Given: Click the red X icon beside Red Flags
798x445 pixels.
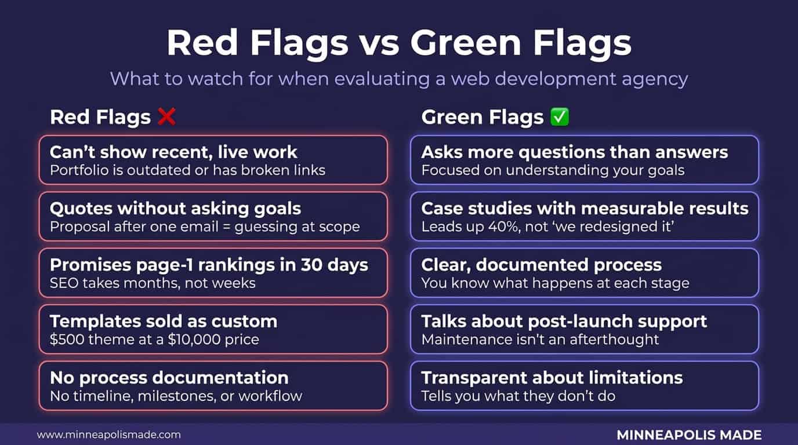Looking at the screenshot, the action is [x=166, y=117].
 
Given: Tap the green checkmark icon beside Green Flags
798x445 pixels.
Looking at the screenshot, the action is [x=560, y=117].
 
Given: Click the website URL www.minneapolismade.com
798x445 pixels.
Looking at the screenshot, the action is [x=108, y=435].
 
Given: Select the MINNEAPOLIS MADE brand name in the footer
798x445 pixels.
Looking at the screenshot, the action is [x=689, y=435].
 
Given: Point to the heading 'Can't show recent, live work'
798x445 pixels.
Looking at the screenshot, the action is [x=173, y=152].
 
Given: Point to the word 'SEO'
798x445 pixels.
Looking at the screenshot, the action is [x=64, y=283].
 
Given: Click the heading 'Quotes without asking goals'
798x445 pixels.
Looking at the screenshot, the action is [x=176, y=209].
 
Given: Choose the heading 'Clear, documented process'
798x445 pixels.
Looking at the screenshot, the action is [x=542, y=265].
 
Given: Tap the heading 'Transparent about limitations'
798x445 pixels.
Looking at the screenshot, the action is [x=552, y=378].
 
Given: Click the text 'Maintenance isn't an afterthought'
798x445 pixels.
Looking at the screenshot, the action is [x=540, y=340].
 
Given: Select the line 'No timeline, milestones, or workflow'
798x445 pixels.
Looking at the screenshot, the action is [x=176, y=396].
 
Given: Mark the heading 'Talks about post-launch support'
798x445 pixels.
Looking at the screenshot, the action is [x=564, y=322].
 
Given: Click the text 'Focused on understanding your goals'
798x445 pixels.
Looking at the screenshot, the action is [x=553, y=170].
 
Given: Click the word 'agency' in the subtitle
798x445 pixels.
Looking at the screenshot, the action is [x=655, y=79].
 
